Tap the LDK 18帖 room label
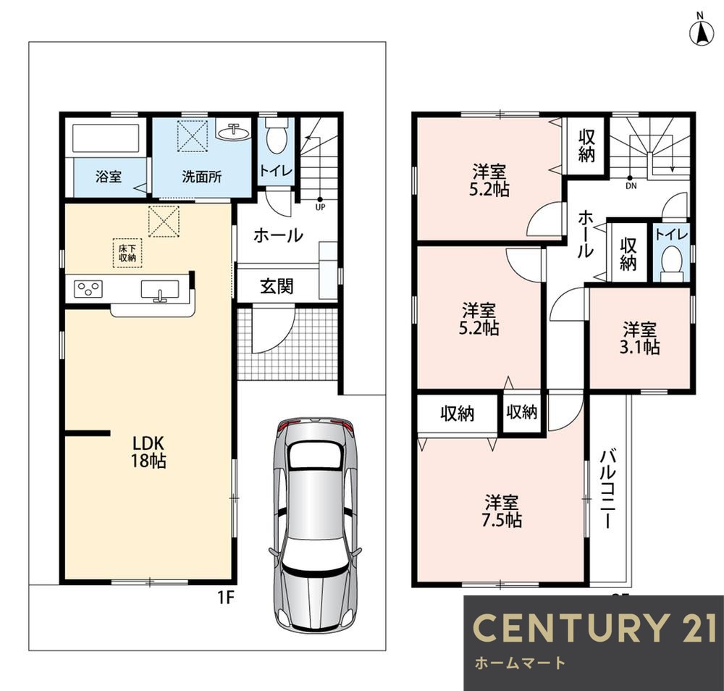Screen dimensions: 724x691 coord(148,452)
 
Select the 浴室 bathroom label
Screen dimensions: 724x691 coord(109,177)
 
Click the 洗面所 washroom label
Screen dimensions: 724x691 coord(202,177)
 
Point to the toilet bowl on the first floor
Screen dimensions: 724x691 coord(277,138)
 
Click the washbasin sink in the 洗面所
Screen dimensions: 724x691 coord(233,133)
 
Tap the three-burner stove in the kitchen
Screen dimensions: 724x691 coord(88,289)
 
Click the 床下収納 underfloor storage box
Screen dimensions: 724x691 coord(127,253)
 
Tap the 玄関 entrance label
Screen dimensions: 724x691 coord(277,286)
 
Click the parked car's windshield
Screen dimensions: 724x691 coord(316,454)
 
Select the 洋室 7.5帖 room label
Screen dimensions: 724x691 coord(502,511)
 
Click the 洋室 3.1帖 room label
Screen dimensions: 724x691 coord(639,338)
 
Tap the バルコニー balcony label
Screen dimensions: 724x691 coord(608,489)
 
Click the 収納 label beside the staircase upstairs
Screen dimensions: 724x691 coord(586,146)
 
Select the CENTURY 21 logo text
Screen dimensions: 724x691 coord(594,627)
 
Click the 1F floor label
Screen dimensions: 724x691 coord(226,598)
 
